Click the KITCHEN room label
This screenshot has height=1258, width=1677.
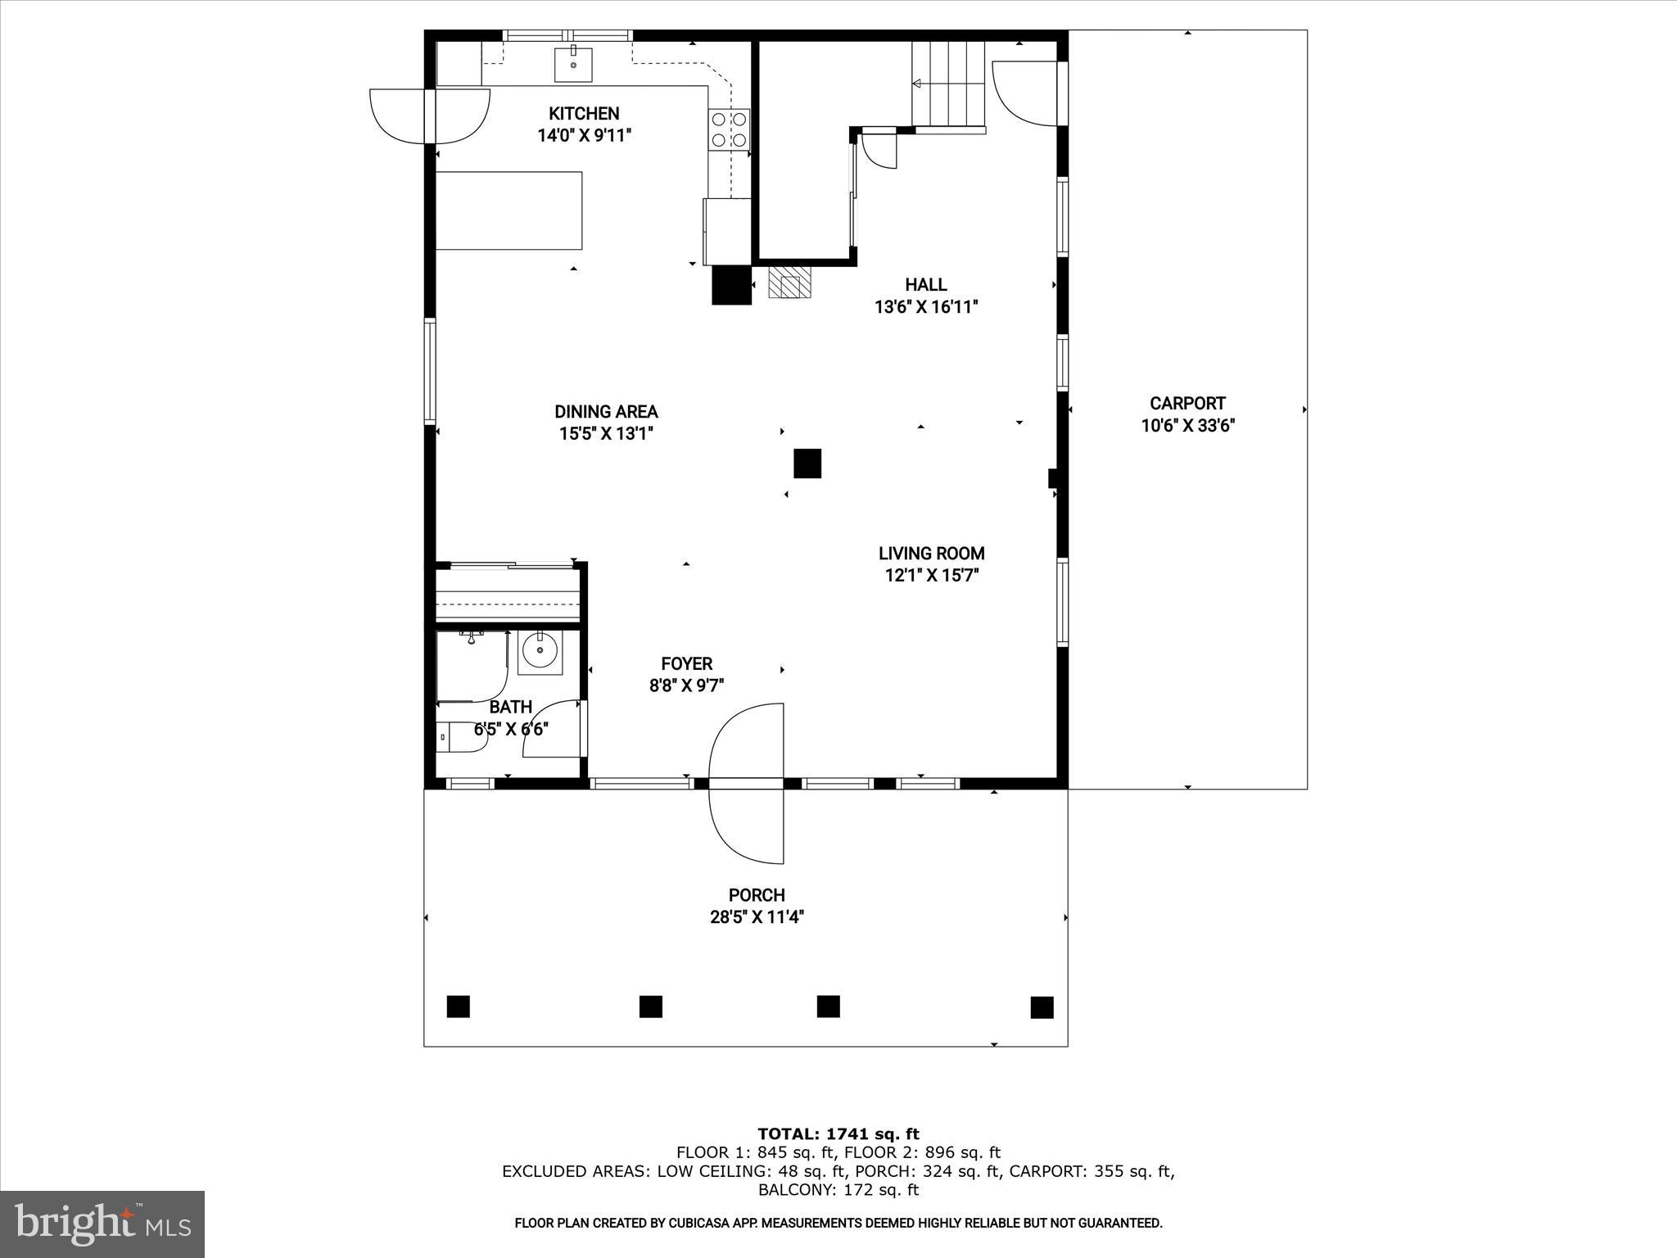pos(584,114)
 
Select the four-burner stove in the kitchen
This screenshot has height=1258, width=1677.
pos(729,129)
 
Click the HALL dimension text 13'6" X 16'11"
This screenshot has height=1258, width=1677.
pos(926,307)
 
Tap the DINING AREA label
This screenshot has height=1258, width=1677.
pos(606,412)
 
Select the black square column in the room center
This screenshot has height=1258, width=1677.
pos(807,464)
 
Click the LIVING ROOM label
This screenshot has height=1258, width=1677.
pos(931,554)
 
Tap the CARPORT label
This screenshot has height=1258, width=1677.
pos(1187,403)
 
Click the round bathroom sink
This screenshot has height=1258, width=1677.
pos(540,651)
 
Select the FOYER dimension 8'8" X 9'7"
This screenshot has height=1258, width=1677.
pos(686,686)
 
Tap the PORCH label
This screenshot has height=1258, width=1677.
pos(757,895)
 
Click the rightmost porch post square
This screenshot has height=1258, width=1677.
pos(1042,1007)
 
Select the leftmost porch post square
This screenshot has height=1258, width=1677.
pos(459,1006)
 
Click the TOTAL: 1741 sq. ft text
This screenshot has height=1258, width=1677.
pos(838,1134)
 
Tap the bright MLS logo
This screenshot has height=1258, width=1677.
pos(102,1224)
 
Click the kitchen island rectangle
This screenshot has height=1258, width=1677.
pos(509,210)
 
